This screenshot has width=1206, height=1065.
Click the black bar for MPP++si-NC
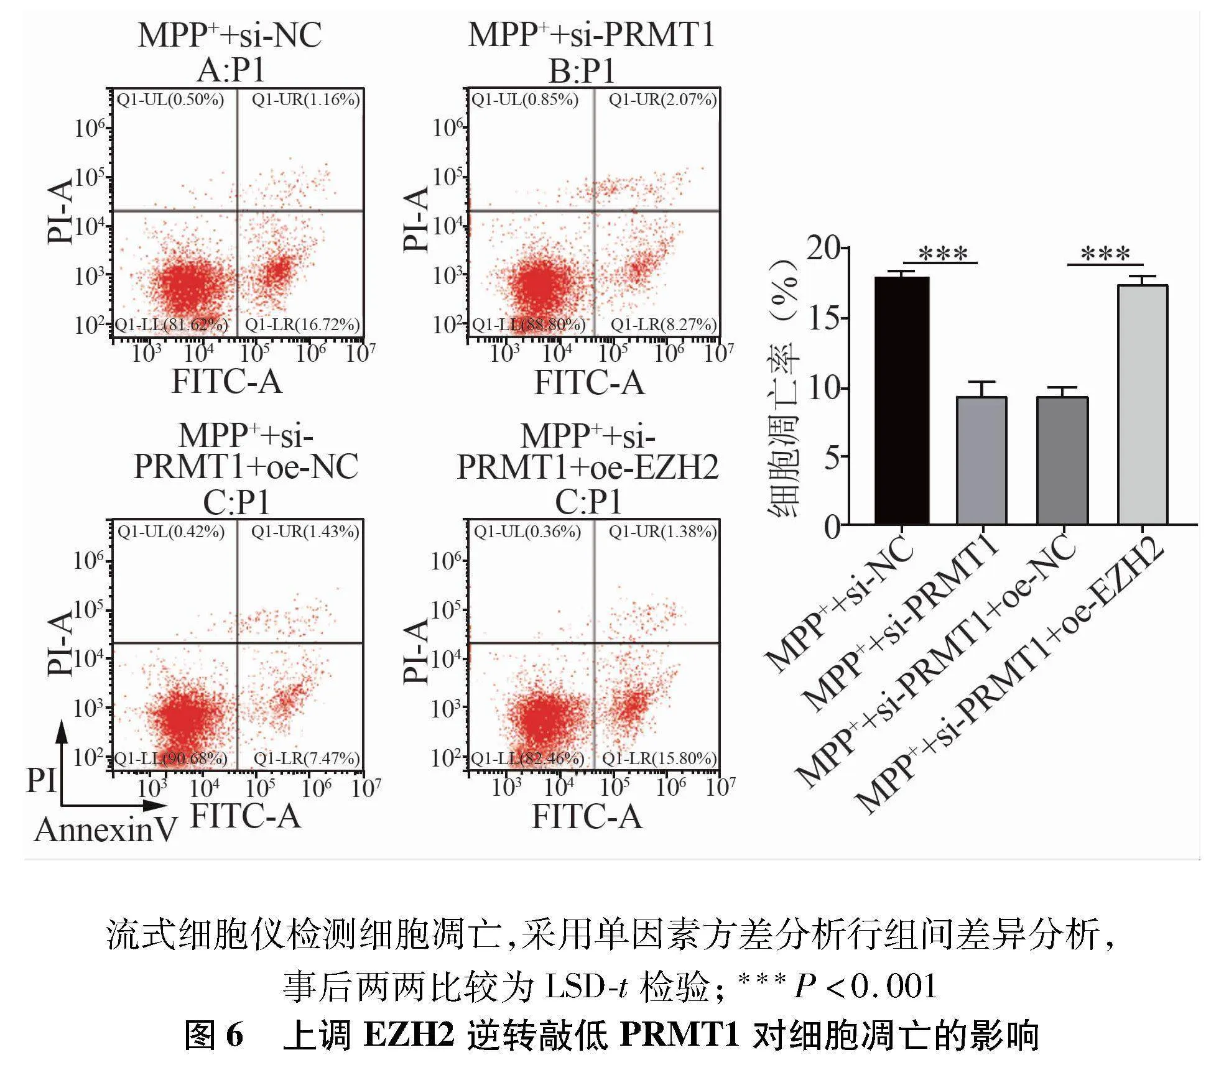coord(901,400)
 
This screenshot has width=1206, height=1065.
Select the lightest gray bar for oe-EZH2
coord(1142,405)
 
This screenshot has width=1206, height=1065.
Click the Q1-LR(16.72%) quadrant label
coord(302,325)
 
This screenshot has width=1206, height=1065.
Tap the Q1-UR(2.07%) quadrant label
coord(662,99)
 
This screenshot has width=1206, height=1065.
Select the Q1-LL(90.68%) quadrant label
coord(171,758)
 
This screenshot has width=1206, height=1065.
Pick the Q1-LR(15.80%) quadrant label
coord(659,758)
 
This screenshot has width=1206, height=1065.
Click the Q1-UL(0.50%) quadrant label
coord(170,99)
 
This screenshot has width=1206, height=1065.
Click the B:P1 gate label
coord(582,71)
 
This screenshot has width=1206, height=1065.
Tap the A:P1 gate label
coord(231,71)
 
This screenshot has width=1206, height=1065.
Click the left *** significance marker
coord(943,254)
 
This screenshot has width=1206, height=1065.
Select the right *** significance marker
coord(1105,254)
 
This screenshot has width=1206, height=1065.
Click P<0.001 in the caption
coord(865,986)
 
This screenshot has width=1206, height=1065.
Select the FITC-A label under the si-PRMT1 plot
coord(589,382)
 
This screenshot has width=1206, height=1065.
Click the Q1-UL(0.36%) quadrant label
coord(527,532)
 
